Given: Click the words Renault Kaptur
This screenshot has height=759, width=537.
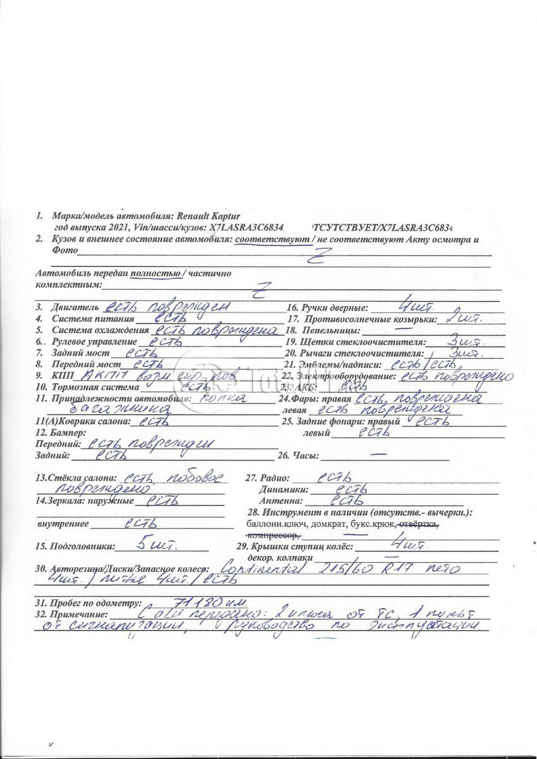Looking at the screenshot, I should (x=206, y=216).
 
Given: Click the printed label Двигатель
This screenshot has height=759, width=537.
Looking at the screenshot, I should (x=75, y=307).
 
